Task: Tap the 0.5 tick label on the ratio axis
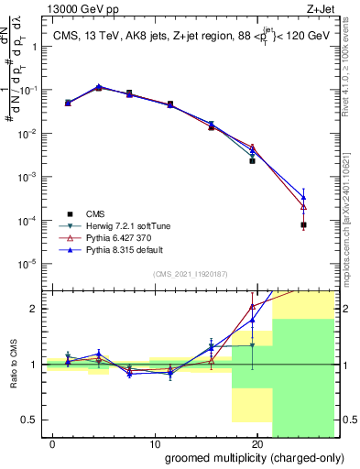point(27,420)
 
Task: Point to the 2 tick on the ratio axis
point(32,308)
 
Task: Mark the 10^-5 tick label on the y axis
point(25,264)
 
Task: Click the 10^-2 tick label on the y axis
point(25,134)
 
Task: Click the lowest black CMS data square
point(303,224)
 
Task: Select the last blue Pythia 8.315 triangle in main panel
point(303,196)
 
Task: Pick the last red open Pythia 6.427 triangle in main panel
point(303,206)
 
